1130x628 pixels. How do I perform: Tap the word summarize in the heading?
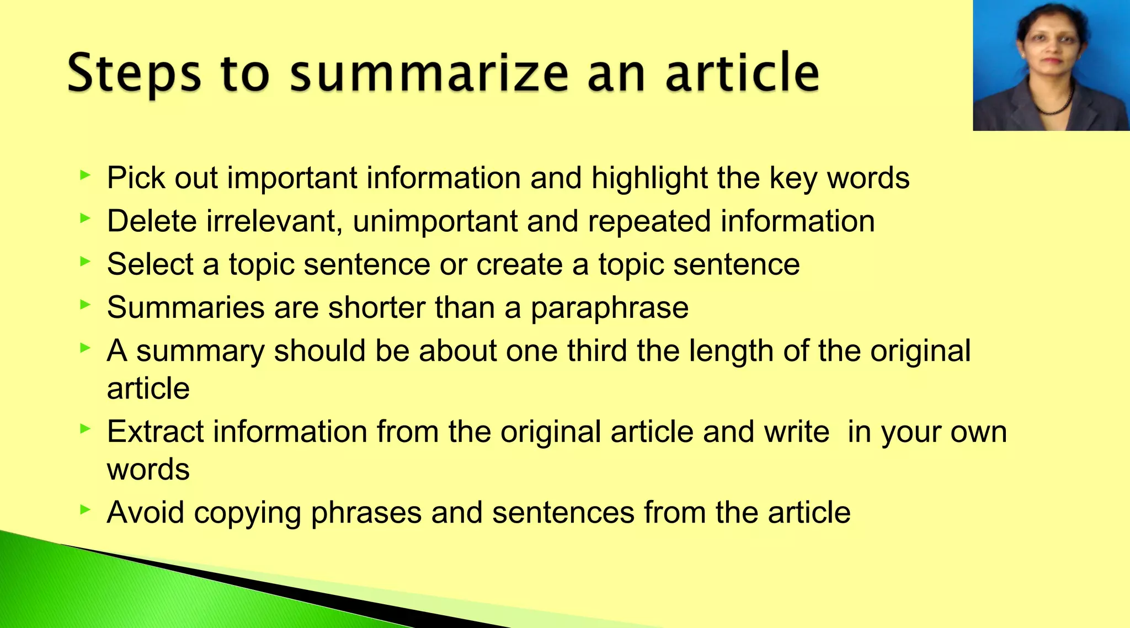(429, 73)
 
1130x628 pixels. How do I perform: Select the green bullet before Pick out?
(84, 175)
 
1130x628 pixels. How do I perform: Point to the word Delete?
(152, 221)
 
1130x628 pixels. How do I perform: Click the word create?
(519, 264)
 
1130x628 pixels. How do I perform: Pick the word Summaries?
(185, 307)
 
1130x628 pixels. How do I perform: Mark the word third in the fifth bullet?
(597, 351)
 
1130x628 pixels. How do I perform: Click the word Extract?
(155, 432)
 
